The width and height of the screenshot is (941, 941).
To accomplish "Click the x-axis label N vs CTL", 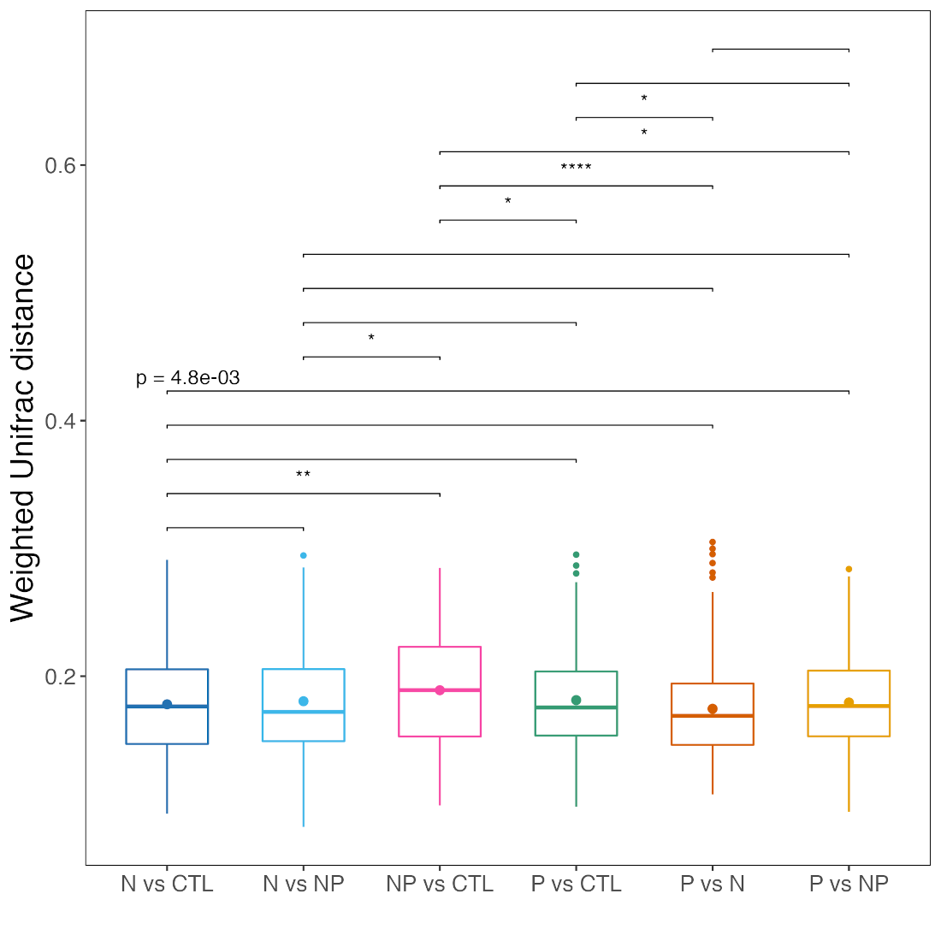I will pos(167,884).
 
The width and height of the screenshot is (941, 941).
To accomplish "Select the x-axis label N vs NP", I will pos(303,884).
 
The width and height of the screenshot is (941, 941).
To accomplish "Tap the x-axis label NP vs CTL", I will pos(440,884).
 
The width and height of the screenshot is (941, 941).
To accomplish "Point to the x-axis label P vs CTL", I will pos(576,884).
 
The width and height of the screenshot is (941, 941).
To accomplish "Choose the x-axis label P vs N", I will pos(713,884).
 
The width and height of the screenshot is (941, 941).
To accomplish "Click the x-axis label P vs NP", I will pos(849,884).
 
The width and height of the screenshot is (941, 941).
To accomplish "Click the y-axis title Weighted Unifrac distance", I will pos(23,438).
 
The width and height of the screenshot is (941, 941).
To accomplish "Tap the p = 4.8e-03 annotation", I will pos(188,378).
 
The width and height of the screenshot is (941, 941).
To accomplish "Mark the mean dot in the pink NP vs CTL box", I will pos(440,690).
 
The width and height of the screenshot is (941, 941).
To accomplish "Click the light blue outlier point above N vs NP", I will pos(303,556).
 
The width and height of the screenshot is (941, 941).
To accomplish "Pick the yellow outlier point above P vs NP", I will pos(849,569).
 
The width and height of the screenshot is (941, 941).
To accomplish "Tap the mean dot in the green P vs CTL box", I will pos(576,701).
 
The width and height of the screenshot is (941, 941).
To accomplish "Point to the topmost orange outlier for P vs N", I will pos(713,542).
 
